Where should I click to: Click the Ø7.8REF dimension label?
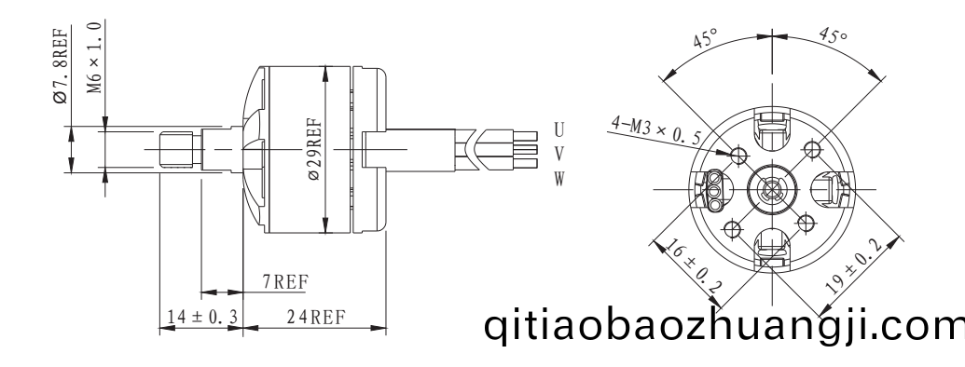(x=61, y=65)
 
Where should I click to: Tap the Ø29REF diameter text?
(x=314, y=149)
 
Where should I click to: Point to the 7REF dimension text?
(x=285, y=282)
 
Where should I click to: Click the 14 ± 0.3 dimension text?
(x=202, y=318)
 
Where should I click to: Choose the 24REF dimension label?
(x=316, y=318)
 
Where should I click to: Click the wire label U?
(x=558, y=130)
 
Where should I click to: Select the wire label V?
(x=558, y=154)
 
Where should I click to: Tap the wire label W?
(x=558, y=178)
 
